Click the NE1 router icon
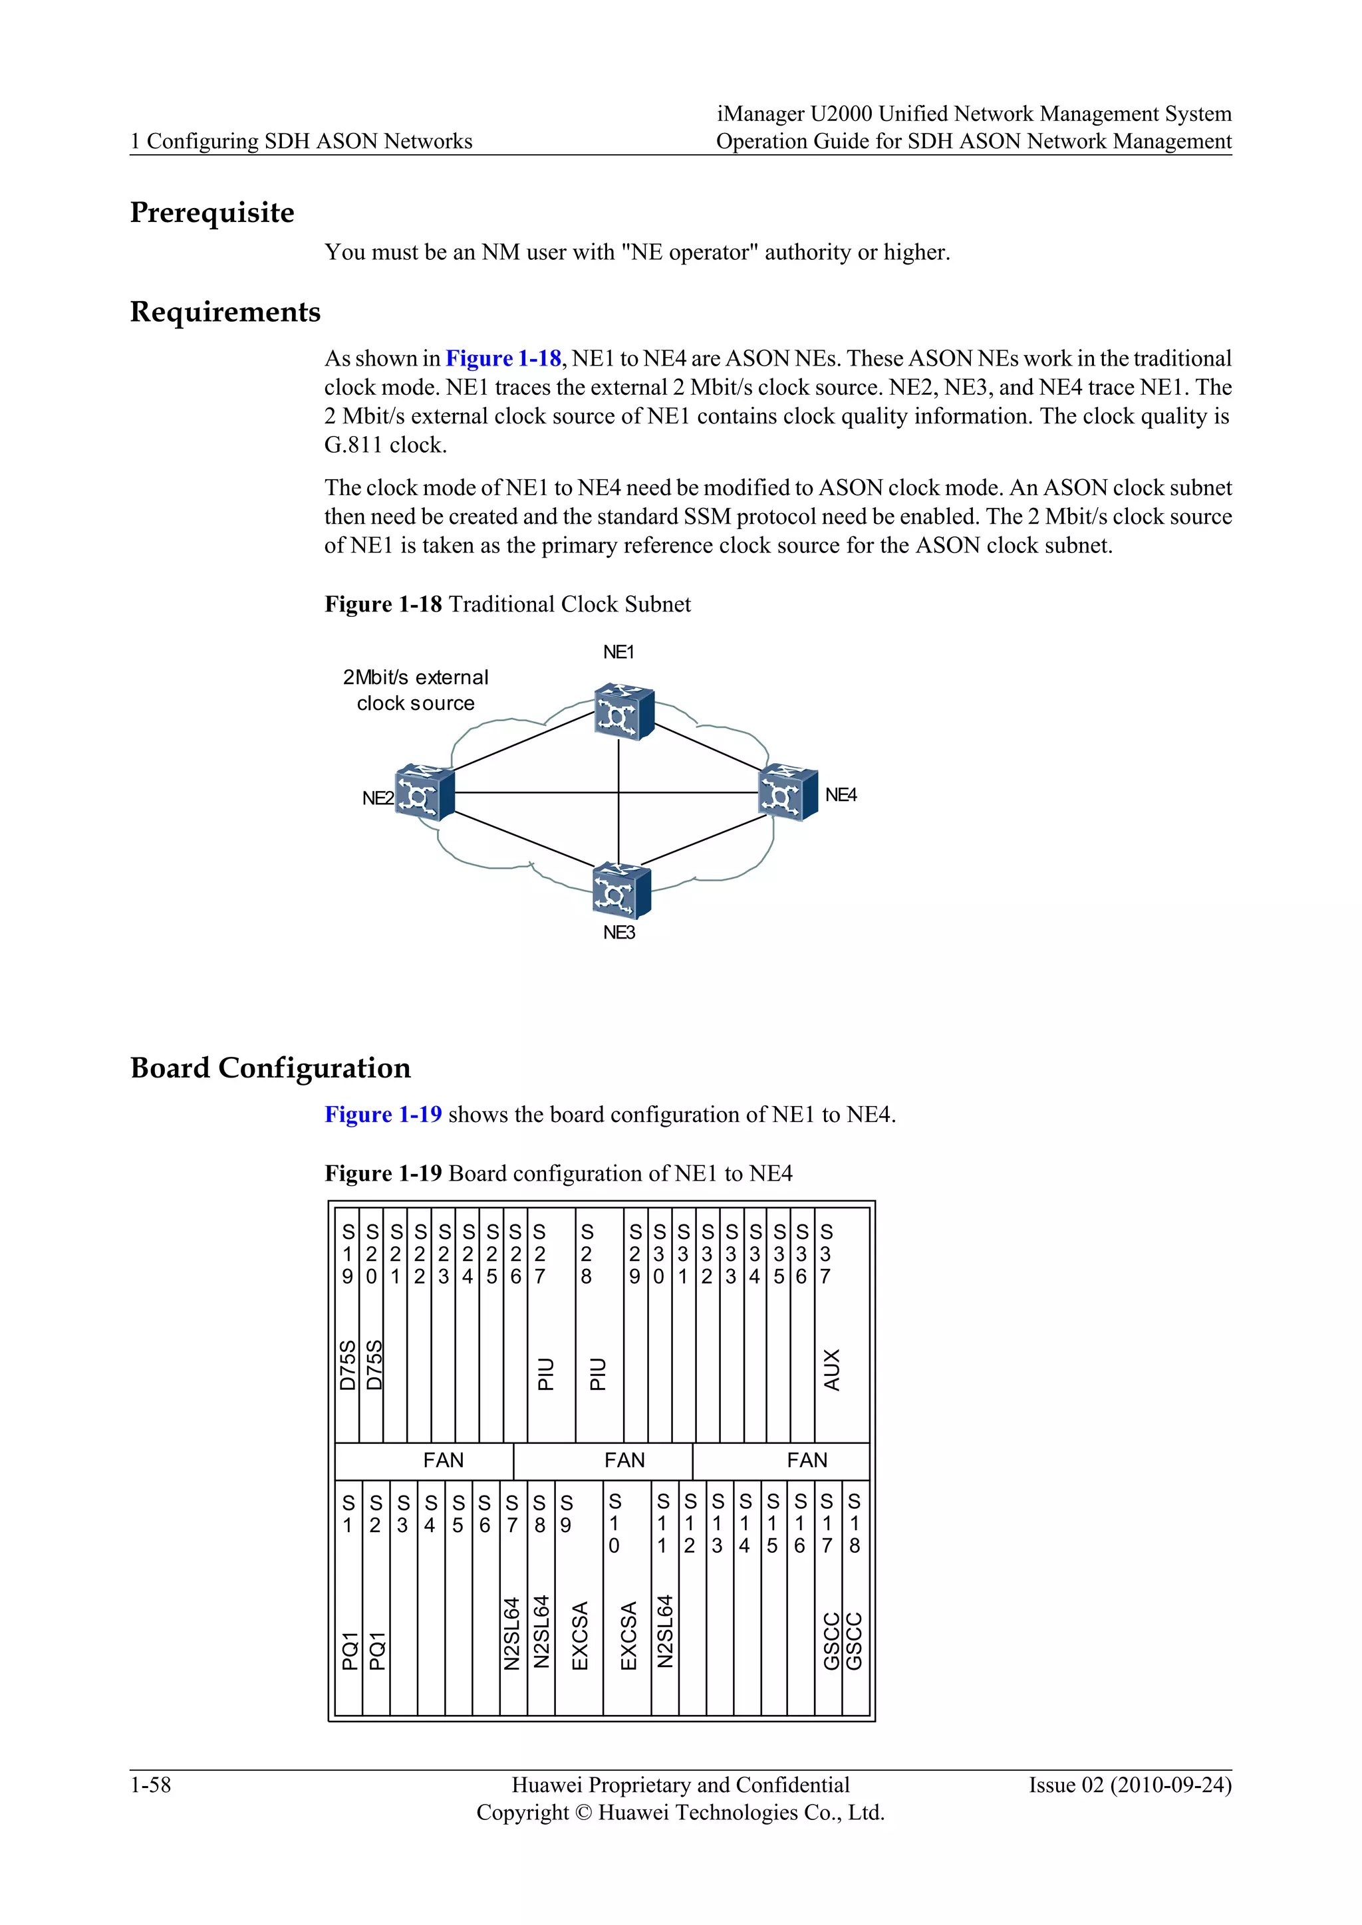(623, 712)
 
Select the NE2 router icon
(424, 792)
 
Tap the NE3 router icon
(620, 891)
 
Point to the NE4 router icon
(787, 792)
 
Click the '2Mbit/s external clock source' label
(415, 690)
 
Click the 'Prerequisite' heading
(212, 213)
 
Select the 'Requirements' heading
(225, 312)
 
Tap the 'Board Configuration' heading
(270, 1068)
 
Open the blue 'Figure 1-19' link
(383, 1115)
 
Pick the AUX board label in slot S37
(831, 1370)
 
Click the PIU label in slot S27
(546, 1374)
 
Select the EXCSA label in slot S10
(628, 1636)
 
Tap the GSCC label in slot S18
(854, 1641)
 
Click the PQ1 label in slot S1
(350, 1650)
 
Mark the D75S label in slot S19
(347, 1366)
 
